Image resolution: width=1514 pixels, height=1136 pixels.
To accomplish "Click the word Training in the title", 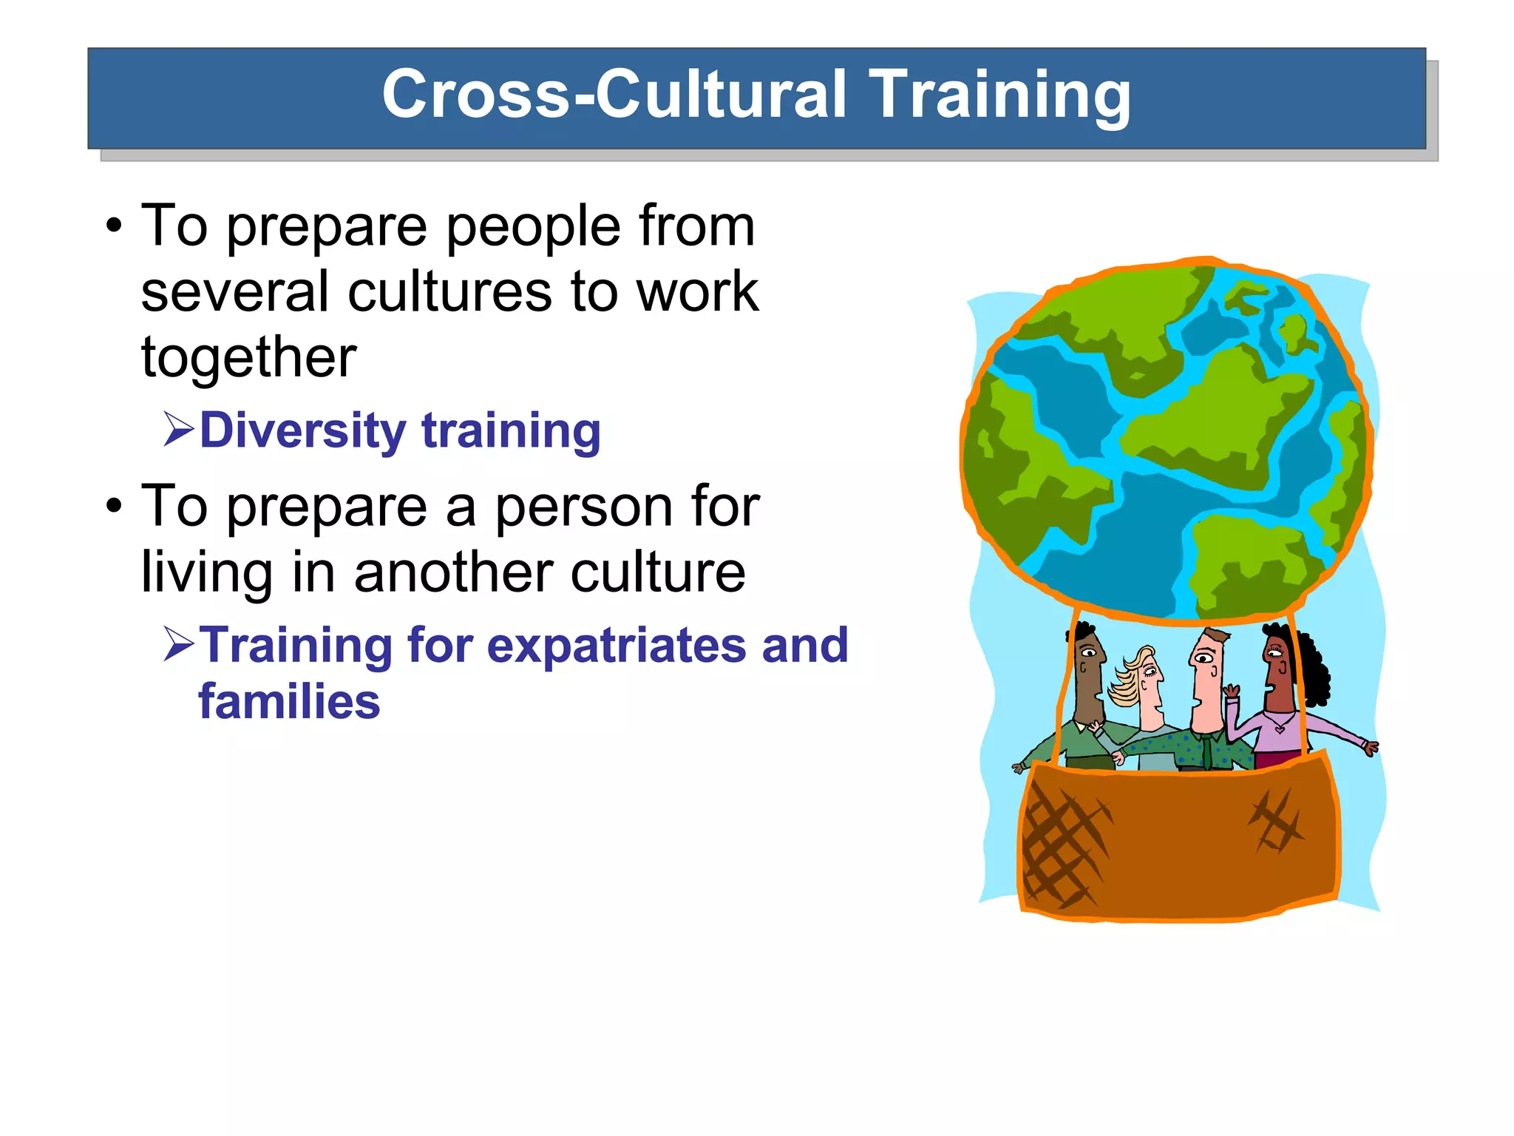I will (999, 95).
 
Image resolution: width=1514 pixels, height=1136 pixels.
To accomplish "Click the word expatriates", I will (617, 645).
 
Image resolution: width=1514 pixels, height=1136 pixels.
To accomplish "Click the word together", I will (249, 358).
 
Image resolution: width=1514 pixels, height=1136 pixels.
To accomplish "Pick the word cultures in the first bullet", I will (451, 291).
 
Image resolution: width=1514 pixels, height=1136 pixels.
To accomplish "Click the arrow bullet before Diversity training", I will (179, 430).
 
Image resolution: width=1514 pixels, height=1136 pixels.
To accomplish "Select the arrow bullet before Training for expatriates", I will (179, 644).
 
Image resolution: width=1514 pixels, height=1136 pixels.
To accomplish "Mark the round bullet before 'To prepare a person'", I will (113, 507).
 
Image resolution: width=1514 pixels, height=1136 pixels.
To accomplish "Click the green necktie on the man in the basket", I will (1206, 751).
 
